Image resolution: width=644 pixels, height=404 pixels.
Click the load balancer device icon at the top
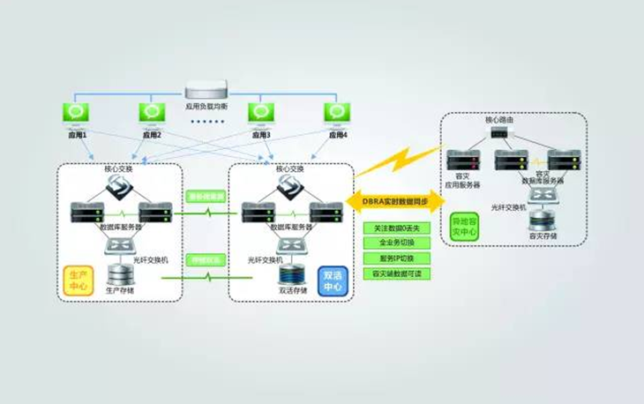pos(206,89)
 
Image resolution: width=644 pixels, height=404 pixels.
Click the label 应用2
pos(154,135)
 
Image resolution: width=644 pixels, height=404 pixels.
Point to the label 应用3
pos(259,135)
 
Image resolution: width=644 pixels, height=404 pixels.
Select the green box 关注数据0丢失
pos(394,228)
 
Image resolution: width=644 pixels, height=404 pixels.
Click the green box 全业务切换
pos(394,242)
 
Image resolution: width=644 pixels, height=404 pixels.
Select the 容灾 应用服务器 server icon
pos(464,161)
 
